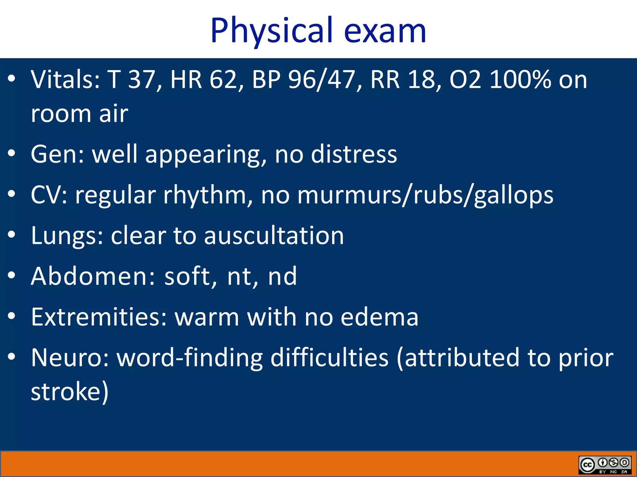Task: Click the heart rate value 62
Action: pos(222,79)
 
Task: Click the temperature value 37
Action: pos(142,79)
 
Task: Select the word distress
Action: pos(354,154)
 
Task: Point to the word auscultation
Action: pos(274,235)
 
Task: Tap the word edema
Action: pos(379,317)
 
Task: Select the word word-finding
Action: pos(190,358)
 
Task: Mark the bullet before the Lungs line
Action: pos(12,235)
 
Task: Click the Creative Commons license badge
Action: pos(605,465)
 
